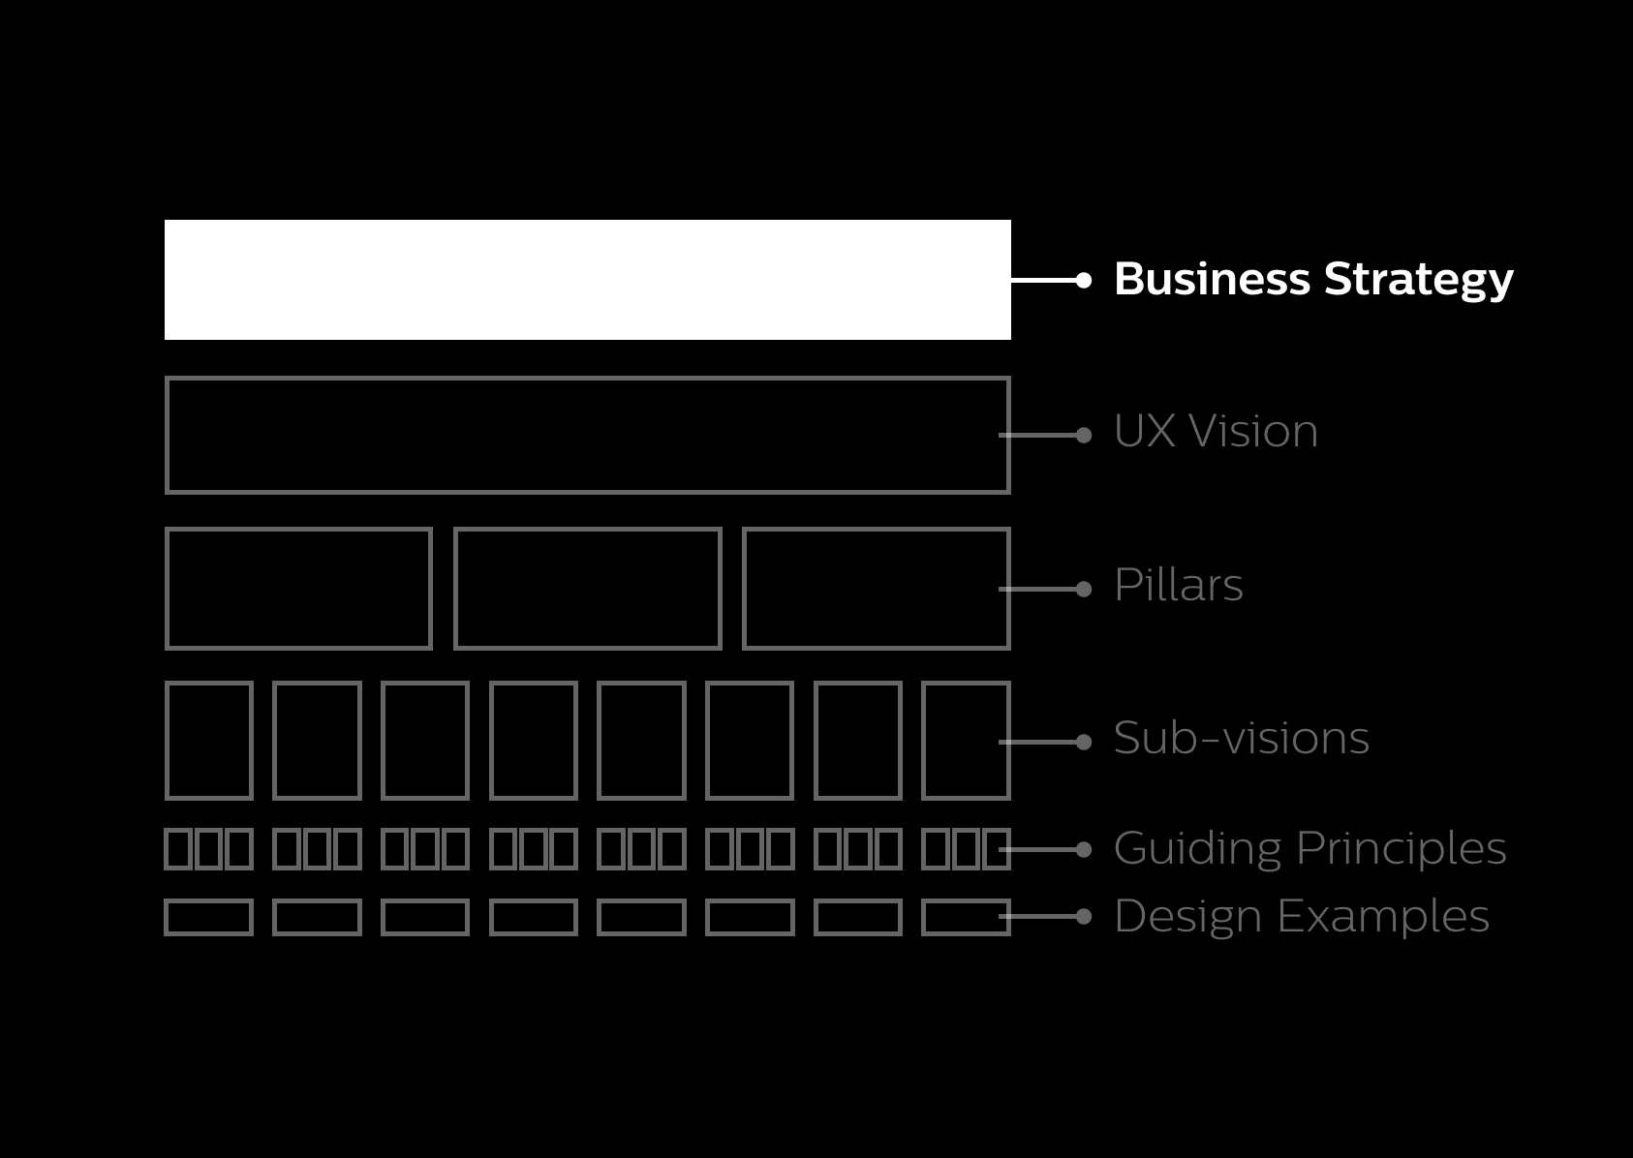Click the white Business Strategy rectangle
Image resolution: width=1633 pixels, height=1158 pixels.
[x=587, y=280]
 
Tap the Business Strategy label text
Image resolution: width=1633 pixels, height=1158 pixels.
[x=1312, y=280]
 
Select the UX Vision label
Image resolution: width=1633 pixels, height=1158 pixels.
[x=1216, y=432]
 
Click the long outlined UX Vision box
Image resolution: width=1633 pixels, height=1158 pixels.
[x=587, y=435]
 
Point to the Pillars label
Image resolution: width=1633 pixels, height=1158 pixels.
[x=1178, y=586]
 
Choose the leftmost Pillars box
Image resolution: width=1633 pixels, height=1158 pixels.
[x=298, y=588]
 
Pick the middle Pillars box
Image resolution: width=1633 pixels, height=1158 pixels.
[x=587, y=588]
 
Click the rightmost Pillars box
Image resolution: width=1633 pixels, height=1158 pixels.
[x=876, y=588]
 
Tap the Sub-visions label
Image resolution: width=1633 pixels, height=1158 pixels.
[x=1241, y=739]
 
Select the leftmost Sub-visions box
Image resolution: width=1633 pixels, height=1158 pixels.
[x=209, y=741]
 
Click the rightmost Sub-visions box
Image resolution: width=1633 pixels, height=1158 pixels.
[x=966, y=741]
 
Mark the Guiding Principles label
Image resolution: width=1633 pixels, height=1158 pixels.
[x=1309, y=849]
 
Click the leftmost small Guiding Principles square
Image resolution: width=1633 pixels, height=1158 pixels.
[x=178, y=849]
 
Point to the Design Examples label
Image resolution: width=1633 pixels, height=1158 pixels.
[x=1301, y=917]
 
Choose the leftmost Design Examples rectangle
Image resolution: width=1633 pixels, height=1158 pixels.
[x=209, y=917]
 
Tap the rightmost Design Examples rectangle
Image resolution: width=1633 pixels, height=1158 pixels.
[x=966, y=917]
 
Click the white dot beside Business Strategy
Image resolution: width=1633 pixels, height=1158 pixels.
[x=1084, y=280]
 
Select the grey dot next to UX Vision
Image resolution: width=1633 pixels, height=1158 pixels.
[x=1084, y=435]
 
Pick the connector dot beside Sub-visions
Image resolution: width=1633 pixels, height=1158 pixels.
[x=1084, y=742]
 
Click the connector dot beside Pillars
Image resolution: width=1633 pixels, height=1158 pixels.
[x=1084, y=589]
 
